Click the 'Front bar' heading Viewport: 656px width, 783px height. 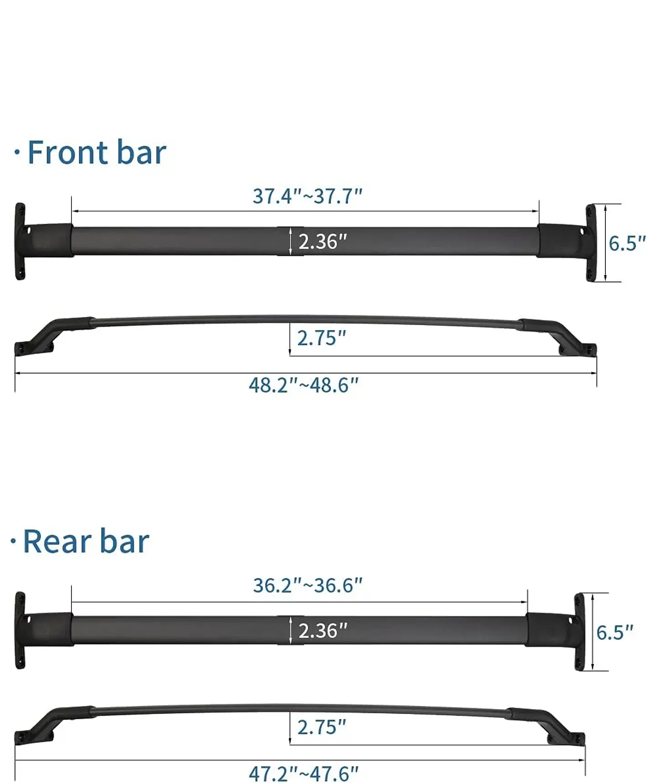pyautogui.click(x=97, y=153)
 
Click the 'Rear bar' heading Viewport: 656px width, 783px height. pyautogui.click(x=86, y=542)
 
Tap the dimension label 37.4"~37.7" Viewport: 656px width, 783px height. pyautogui.click(x=307, y=196)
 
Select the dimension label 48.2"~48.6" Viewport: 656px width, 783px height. pyautogui.click(x=303, y=385)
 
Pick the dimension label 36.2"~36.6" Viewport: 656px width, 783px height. pyautogui.click(x=307, y=585)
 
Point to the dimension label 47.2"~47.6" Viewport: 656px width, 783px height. pyautogui.click(x=303, y=773)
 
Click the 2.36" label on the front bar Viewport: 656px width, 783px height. pyautogui.click(x=323, y=241)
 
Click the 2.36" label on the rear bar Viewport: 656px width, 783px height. pyautogui.click(x=323, y=631)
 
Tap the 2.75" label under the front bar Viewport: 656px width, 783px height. pyautogui.click(x=322, y=338)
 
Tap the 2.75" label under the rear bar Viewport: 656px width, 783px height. pyautogui.click(x=322, y=727)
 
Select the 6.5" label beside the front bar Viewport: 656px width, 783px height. pyautogui.click(x=627, y=244)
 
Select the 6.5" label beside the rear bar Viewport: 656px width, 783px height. pyautogui.click(x=615, y=633)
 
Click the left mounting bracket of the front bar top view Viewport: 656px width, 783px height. pyautogui.click(x=20, y=241)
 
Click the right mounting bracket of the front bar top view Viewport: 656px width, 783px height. pyautogui.click(x=590, y=243)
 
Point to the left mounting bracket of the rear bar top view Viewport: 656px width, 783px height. pyautogui.click(x=20, y=631)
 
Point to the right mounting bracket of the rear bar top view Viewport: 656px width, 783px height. pyautogui.click(x=579, y=632)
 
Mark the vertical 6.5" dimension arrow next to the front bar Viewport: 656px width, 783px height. pyautogui.click(x=605, y=243)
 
